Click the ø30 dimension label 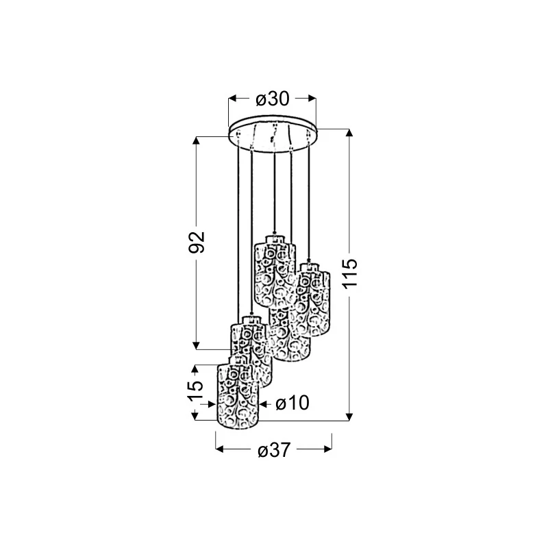(273, 99)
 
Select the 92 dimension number (197, 242)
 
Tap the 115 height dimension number (350, 273)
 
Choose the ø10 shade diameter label (292, 403)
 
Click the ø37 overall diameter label (274, 450)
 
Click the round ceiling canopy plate (273, 134)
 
